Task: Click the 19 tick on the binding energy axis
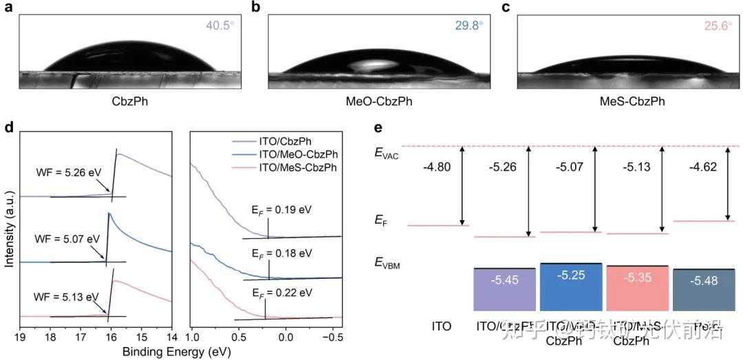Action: pos(20,338)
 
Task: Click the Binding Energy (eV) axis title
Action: pos(176,351)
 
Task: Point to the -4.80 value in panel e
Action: pos(438,165)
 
